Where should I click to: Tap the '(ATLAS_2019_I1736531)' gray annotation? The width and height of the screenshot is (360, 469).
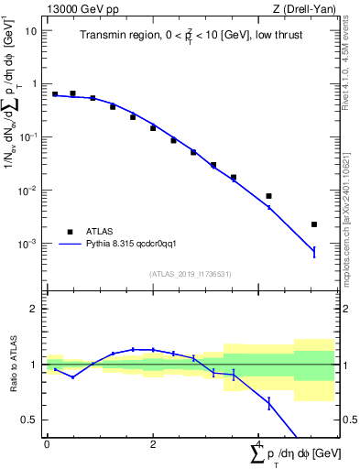tap(190, 273)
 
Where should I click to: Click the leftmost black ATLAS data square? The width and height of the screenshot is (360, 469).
tap(55, 93)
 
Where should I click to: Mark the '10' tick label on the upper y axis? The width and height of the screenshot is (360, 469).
tap(31, 30)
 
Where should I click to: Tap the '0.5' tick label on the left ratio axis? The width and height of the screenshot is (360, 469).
tap(30, 420)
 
